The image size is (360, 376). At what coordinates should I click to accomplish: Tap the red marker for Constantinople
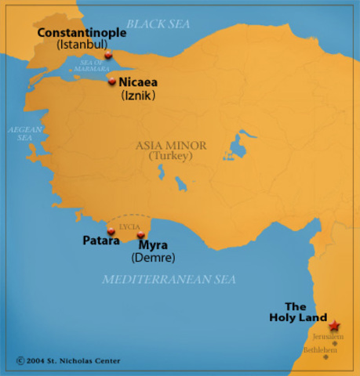(x=107, y=56)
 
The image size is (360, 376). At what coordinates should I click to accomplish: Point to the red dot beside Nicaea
(x=112, y=81)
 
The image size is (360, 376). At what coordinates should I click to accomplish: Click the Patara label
(x=100, y=242)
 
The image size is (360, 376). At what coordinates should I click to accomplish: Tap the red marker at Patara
(x=111, y=231)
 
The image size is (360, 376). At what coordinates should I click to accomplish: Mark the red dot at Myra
(x=140, y=235)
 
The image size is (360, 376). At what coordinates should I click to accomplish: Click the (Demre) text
(x=153, y=258)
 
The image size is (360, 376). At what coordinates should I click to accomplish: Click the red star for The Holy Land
(x=335, y=325)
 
